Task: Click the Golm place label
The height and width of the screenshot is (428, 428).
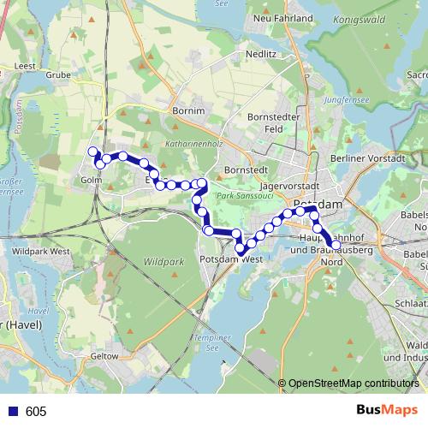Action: [x=91, y=181]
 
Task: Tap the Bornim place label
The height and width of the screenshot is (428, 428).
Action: [x=188, y=111]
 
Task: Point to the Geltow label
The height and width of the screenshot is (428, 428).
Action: [x=104, y=355]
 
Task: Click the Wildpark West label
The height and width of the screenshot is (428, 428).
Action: [x=41, y=252]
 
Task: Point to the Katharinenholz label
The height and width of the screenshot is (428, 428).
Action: [x=193, y=145]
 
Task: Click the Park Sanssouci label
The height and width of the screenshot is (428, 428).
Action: [x=238, y=198]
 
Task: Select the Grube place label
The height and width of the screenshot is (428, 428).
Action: [x=58, y=74]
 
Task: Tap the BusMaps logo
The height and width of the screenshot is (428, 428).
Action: [x=388, y=411]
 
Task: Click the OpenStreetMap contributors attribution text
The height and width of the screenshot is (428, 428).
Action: [x=353, y=383]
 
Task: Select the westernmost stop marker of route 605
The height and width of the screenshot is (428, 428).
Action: [x=92, y=152]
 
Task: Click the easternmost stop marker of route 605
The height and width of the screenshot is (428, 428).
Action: [x=336, y=245]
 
